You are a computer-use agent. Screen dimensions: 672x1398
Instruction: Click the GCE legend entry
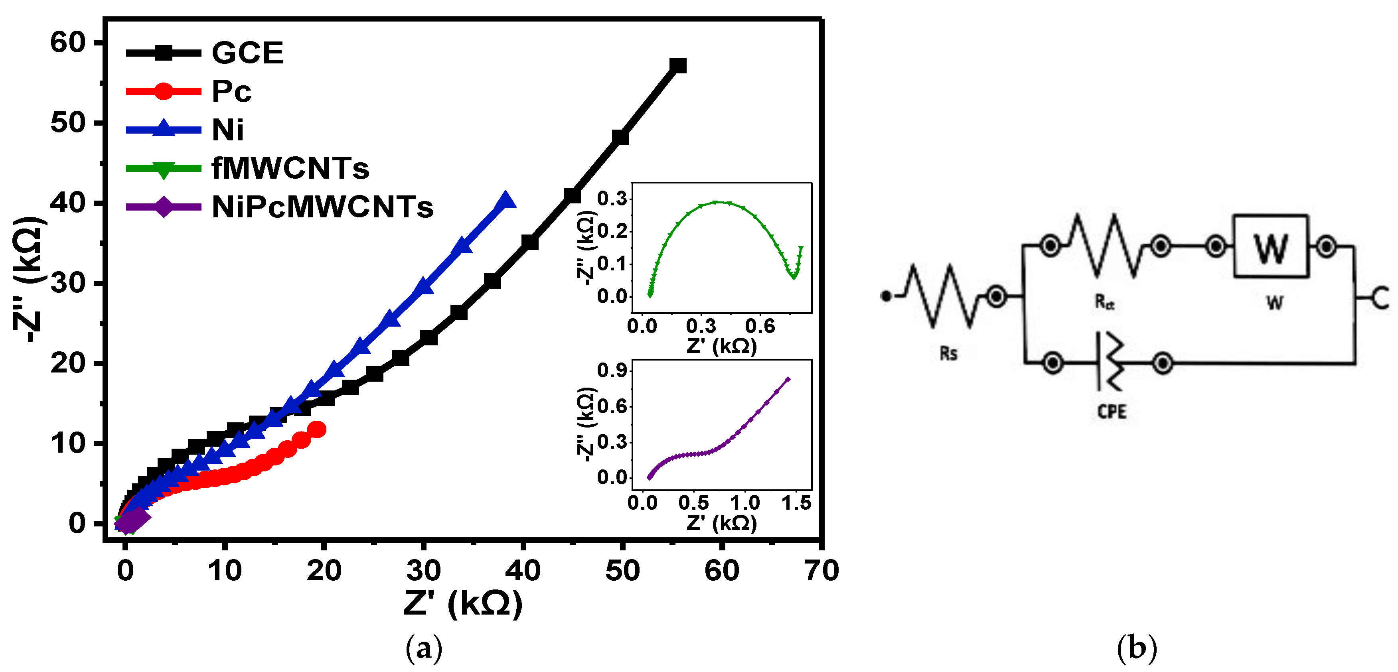pos(247,53)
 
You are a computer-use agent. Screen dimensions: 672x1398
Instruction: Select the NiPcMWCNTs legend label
pos(322,207)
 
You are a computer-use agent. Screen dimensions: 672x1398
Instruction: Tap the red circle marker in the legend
pos(163,91)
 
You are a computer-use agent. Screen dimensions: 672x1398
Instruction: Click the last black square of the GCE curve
pos(678,66)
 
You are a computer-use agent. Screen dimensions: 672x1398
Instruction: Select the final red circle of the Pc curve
pos(317,430)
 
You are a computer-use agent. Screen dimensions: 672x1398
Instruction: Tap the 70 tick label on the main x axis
pos(821,571)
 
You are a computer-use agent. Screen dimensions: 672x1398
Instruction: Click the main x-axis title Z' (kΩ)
pos(463,603)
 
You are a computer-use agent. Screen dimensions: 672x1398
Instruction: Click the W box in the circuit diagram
pos(1270,247)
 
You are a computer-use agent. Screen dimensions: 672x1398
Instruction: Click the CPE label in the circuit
pos(1112,412)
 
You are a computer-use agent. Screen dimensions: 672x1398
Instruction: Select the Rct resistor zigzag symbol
pos(1105,246)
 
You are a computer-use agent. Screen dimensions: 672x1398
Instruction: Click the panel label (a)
pos(424,648)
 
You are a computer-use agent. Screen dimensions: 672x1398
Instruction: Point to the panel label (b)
pos(1136,648)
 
